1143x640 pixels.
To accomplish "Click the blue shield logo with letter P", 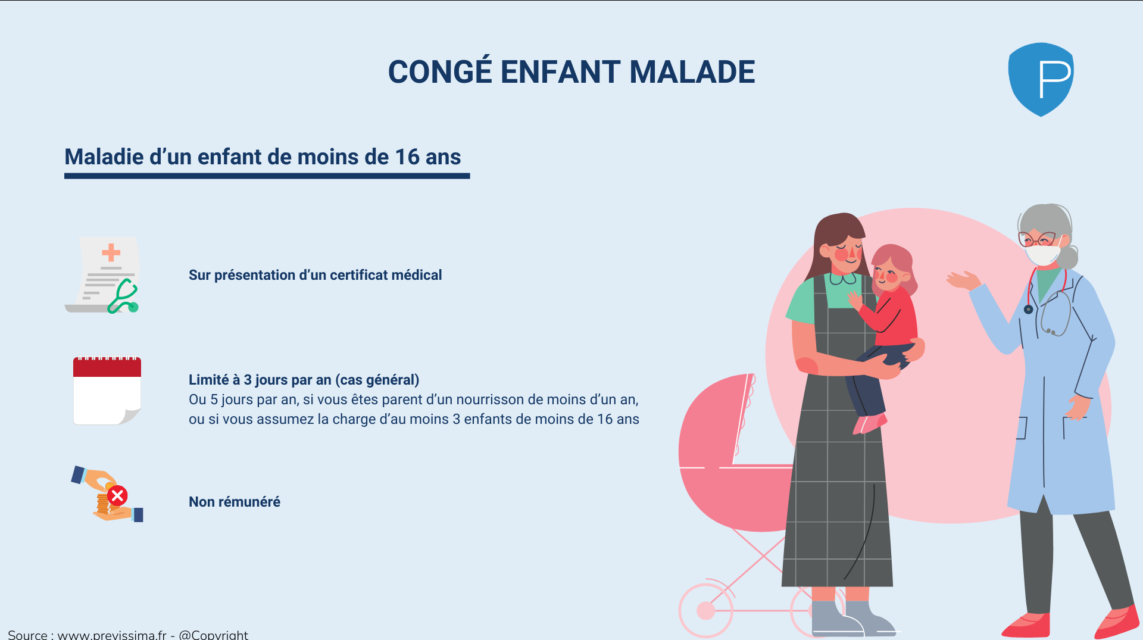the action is (x=1041, y=79).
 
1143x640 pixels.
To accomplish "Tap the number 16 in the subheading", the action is (x=407, y=157).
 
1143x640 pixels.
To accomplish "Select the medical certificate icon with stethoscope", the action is (x=102, y=275).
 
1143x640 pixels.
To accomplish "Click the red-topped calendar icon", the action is (x=107, y=391).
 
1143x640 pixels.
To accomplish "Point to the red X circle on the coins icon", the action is (x=117, y=495).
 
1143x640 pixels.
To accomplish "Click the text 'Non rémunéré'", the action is (x=235, y=502).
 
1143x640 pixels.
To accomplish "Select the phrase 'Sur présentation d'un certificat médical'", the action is (x=315, y=275).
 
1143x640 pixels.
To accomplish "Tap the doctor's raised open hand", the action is (x=963, y=280).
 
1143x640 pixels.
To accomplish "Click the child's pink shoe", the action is (x=869, y=424).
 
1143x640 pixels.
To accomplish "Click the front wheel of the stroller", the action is (x=706, y=610).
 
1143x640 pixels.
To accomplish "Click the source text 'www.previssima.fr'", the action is (x=112, y=635).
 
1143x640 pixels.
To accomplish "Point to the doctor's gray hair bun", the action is (x=1067, y=257).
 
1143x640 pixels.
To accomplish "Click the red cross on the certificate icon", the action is (x=111, y=252).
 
